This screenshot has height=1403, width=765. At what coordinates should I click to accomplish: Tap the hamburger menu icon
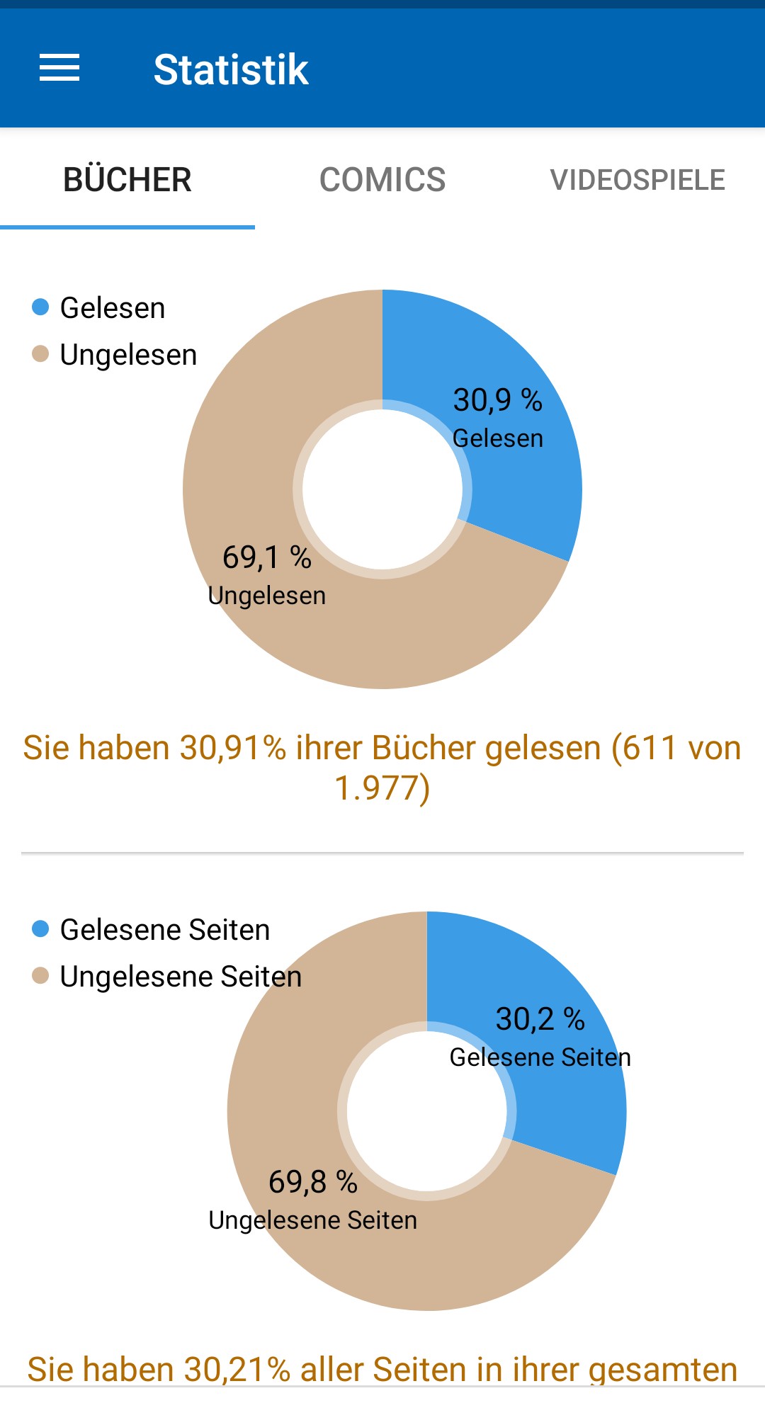59,68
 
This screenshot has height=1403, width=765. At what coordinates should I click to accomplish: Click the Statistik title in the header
231,69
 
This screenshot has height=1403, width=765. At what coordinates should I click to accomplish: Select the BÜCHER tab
127,180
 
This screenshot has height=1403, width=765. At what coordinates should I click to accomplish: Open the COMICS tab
382,180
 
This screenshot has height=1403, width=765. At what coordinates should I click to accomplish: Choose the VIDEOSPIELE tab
637,180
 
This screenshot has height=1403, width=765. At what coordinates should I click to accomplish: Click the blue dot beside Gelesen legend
40,307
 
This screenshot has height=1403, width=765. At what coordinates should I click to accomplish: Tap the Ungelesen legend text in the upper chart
128,355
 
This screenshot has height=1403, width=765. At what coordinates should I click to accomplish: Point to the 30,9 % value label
497,400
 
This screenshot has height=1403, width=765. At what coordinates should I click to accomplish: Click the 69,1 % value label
267,557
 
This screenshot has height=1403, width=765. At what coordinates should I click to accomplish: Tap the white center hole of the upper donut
382,489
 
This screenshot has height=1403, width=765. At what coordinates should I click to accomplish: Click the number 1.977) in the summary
382,788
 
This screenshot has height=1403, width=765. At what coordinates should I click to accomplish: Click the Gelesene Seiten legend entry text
165,930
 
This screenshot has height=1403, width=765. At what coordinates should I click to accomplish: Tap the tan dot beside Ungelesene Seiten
40,976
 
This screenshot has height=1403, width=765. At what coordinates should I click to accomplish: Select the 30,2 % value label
540,1019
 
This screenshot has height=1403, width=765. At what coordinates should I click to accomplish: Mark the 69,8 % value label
312,1182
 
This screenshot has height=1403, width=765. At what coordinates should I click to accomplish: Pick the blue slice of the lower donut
567,1105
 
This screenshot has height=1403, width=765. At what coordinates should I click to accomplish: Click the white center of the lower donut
427,1111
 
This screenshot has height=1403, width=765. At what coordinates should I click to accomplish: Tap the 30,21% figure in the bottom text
237,1370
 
